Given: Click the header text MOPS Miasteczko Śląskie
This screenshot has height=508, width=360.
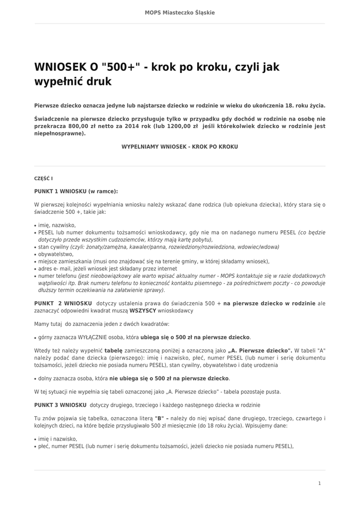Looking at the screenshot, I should [x=180, y=12].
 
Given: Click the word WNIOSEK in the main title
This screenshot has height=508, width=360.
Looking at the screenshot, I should [x=63, y=67].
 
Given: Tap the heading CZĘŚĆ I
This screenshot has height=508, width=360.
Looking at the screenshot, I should [x=43, y=178].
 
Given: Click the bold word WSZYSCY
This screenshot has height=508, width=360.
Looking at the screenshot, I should [x=143, y=311].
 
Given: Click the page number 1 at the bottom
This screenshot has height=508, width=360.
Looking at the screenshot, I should [x=319, y=483].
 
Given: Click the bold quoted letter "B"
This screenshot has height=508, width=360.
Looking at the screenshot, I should [x=159, y=418].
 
